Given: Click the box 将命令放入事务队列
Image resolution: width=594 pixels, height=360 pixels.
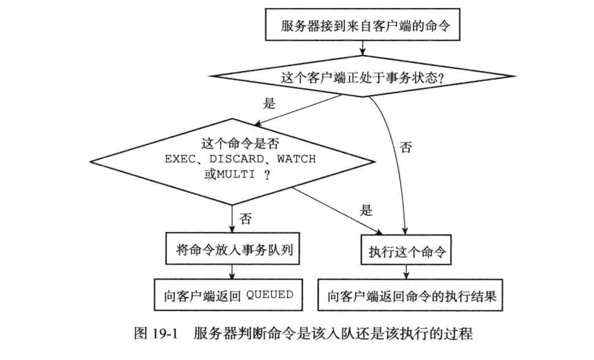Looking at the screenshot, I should (x=232, y=249).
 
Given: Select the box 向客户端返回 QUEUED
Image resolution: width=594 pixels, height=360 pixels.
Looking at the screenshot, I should (x=232, y=295).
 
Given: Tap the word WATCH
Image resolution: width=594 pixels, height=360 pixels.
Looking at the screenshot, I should (x=296, y=159).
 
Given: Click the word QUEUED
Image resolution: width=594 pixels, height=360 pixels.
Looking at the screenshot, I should (x=269, y=295).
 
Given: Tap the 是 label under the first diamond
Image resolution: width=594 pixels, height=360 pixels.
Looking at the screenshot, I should (x=270, y=103).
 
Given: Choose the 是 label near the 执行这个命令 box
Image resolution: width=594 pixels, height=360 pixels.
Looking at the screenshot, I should (x=366, y=211).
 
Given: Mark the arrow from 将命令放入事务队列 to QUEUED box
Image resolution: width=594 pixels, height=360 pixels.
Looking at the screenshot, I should (x=232, y=271).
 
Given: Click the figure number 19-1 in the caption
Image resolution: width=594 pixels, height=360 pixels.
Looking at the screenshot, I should (x=171, y=335).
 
